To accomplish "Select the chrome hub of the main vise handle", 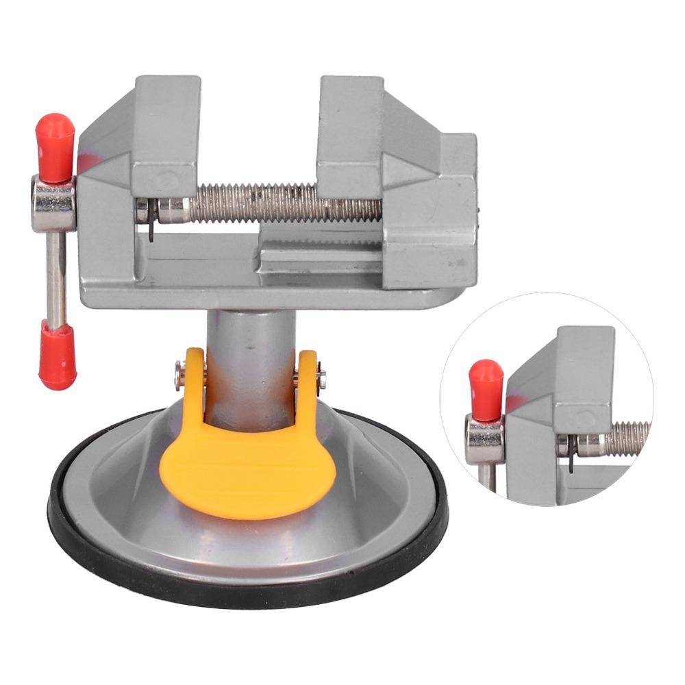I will (53, 203).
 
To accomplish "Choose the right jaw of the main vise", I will (349, 130).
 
